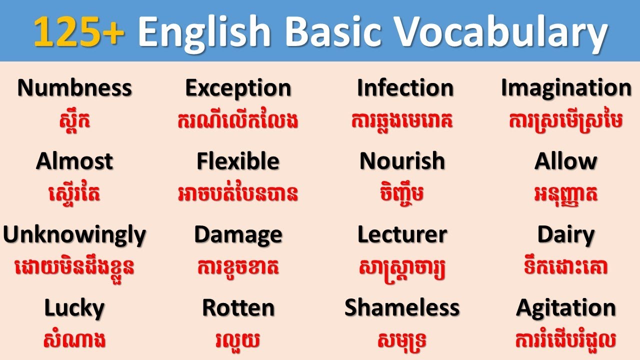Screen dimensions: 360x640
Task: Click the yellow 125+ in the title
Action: [79, 31]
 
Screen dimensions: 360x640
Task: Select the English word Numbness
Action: [74, 88]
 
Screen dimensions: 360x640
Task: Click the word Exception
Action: [238, 88]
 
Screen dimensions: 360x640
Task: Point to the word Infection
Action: [405, 88]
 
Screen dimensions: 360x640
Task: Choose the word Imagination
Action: [566, 88]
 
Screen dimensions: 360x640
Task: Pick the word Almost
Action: [74, 161]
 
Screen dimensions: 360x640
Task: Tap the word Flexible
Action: [238, 161]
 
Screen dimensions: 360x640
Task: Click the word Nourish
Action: [402, 161]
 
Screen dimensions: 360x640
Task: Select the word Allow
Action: [566, 161]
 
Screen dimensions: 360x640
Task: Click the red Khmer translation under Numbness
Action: [74, 121]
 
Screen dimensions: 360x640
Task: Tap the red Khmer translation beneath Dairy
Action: [566, 267]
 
